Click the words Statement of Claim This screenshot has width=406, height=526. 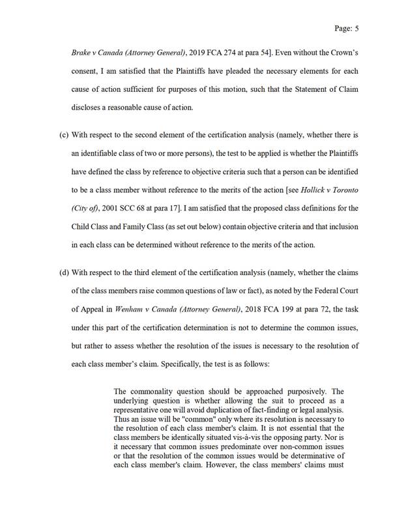coord(324,86)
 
